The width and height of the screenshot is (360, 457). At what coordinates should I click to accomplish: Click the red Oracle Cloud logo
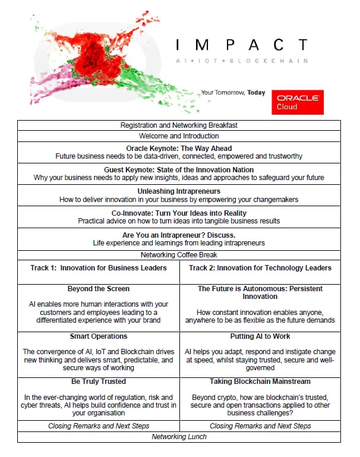(297, 102)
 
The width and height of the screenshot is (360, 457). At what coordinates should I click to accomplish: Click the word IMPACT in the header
(243, 45)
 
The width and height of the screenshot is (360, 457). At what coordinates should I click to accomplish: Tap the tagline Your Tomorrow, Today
(233, 93)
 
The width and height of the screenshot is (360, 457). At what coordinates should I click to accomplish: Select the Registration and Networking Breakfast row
(179, 125)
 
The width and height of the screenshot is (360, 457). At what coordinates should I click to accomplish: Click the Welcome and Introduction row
(179, 136)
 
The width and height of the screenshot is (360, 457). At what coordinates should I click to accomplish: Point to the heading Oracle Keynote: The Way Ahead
(179, 148)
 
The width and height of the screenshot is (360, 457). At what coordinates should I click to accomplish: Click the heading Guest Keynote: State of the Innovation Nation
(179, 169)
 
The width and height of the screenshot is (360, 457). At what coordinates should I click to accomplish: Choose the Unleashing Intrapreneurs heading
(179, 191)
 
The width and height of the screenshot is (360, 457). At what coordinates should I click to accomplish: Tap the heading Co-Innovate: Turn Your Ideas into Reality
(179, 213)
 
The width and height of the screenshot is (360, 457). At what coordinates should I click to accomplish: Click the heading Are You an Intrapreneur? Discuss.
(179, 235)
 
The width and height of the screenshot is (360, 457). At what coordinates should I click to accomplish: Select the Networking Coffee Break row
(179, 255)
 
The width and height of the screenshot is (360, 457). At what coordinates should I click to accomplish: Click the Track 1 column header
(98, 268)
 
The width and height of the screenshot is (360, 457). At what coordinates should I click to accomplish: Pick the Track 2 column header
(260, 268)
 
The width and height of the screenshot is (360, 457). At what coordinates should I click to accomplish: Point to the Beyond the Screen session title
(98, 289)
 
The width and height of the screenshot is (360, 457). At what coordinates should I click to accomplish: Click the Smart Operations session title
(98, 336)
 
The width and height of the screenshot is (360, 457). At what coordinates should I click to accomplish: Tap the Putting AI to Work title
(260, 336)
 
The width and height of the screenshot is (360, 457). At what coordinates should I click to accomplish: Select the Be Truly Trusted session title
(98, 382)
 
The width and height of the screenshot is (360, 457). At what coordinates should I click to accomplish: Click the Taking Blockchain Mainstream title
(260, 382)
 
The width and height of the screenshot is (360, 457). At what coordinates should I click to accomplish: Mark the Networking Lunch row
(179, 437)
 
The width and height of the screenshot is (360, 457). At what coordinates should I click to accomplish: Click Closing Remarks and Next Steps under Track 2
(260, 426)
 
